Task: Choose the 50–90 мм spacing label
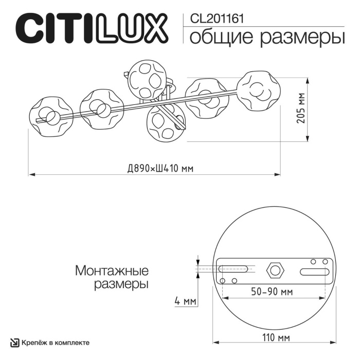273,292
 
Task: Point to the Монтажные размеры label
112,277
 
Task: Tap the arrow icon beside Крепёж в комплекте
15,342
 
